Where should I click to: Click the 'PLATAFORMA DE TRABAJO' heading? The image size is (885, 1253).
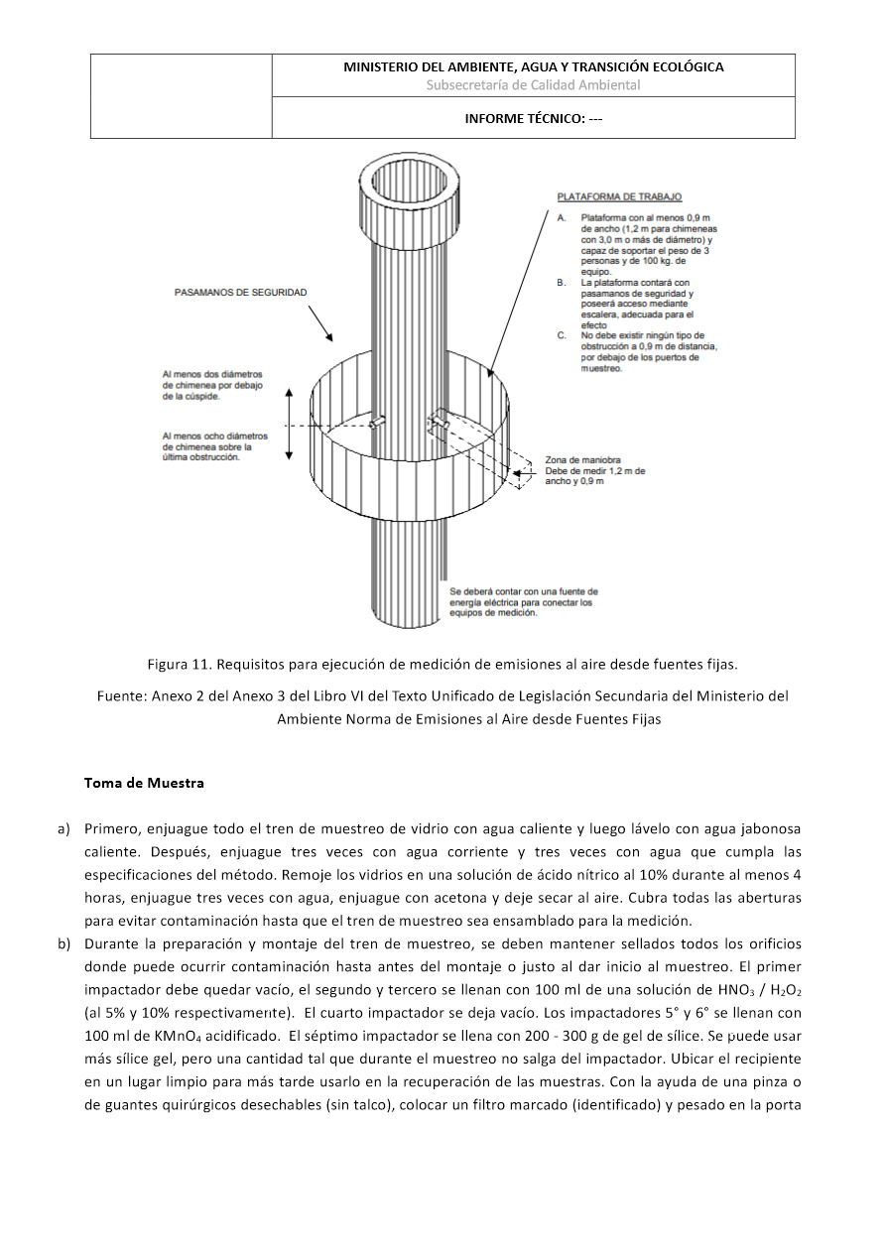pyautogui.click(x=619, y=196)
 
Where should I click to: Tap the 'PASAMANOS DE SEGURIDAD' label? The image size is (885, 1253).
pyautogui.click(x=240, y=293)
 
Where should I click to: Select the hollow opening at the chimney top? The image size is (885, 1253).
pyautogui.click(x=410, y=183)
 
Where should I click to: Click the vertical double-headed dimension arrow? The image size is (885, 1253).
pyautogui.click(x=290, y=424)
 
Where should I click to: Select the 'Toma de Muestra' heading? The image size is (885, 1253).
pyautogui.click(x=144, y=783)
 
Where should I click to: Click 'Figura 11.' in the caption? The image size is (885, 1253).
pyautogui.click(x=180, y=665)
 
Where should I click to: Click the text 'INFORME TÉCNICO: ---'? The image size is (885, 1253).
pyautogui.click(x=533, y=119)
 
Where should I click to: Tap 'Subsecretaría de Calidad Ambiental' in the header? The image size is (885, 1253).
pyautogui.click(x=533, y=85)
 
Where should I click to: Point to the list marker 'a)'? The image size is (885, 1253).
pyautogui.click(x=63, y=829)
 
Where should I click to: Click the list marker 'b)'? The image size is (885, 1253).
pyautogui.click(x=63, y=944)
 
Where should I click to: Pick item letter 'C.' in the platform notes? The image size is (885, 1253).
pyautogui.click(x=562, y=335)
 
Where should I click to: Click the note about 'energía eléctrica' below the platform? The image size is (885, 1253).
pyautogui.click(x=524, y=602)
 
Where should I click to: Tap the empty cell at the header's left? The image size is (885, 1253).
pyautogui.click(x=182, y=96)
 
